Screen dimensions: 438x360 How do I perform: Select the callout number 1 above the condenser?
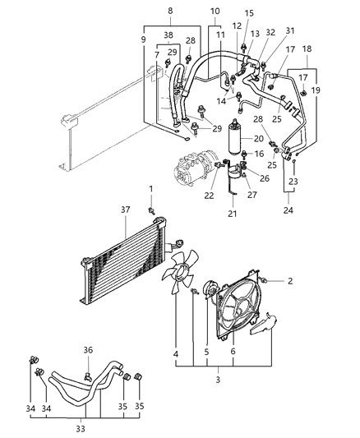(x=150, y=189)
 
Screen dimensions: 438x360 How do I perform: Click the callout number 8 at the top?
(x=169, y=11)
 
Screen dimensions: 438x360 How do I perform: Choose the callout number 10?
(x=215, y=11)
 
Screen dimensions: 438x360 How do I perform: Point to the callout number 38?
(x=168, y=36)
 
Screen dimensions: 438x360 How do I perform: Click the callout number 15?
(x=250, y=13)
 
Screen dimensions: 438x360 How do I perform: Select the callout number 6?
(x=233, y=354)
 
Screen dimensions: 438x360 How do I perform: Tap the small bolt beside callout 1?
(x=152, y=210)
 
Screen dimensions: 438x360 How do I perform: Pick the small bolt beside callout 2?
(x=267, y=280)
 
